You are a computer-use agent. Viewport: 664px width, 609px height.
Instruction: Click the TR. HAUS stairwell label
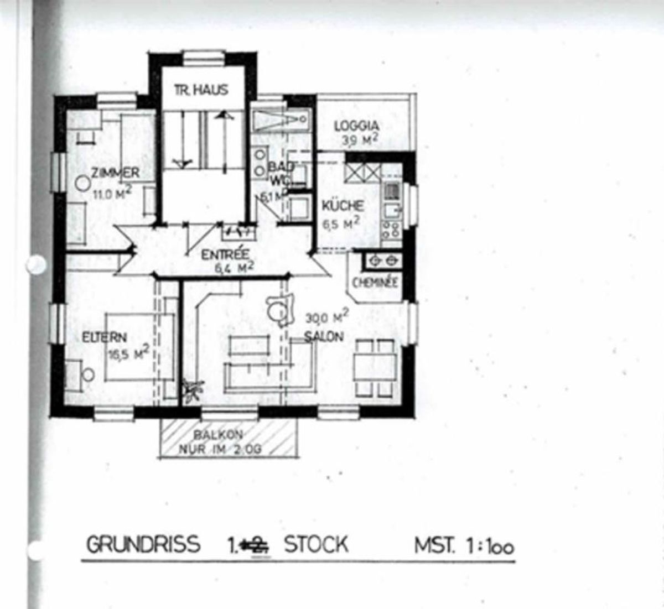[201, 90]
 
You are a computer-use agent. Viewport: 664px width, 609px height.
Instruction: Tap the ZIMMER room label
[115, 173]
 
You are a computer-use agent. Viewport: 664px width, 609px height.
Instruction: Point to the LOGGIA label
[356, 126]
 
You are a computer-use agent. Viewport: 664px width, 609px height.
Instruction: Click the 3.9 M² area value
[360, 139]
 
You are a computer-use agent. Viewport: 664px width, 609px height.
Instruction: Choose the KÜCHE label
[343, 206]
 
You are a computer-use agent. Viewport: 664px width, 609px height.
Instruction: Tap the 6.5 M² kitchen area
[341, 223]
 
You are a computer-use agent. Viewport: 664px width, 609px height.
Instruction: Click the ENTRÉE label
[225, 255]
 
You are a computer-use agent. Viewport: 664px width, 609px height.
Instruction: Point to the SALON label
[324, 336]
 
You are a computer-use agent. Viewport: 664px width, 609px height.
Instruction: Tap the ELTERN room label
[105, 337]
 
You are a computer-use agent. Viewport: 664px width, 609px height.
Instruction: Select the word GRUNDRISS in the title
[143, 544]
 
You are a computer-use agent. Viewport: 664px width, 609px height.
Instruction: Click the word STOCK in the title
[316, 544]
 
